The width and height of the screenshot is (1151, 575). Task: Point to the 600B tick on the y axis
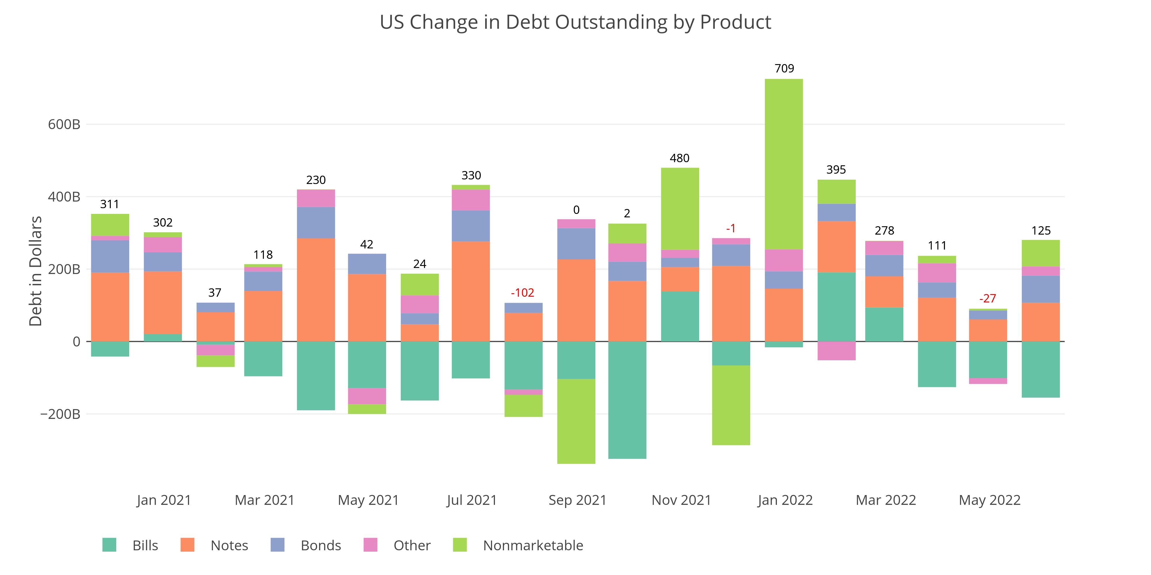pyautogui.click(x=64, y=124)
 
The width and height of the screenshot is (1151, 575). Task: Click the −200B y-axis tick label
pyautogui.click(x=60, y=414)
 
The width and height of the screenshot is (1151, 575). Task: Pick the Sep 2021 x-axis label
pyautogui.click(x=577, y=500)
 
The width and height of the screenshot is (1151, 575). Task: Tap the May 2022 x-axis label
pyautogui.click(x=989, y=500)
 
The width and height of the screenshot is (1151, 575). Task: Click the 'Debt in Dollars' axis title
pyautogui.click(x=35, y=271)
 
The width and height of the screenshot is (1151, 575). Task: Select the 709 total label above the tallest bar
pyautogui.click(x=784, y=68)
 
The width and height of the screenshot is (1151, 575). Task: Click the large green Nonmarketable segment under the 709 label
pyautogui.click(x=784, y=164)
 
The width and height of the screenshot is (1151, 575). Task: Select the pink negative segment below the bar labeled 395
pyautogui.click(x=836, y=351)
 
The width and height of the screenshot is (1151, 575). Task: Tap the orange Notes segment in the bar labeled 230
pyautogui.click(x=316, y=290)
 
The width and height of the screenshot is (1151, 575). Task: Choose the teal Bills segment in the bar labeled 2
pyautogui.click(x=627, y=400)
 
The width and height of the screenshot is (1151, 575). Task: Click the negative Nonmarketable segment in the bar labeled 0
pyautogui.click(x=576, y=421)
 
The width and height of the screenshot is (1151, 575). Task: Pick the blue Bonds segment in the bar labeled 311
pyautogui.click(x=110, y=256)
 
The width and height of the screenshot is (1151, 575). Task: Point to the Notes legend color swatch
pyautogui.click(x=187, y=545)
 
